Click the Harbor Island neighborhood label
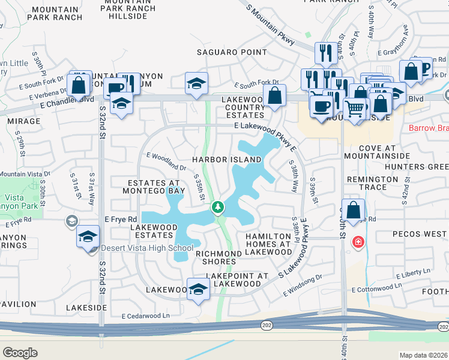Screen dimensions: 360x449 click(x=227, y=160)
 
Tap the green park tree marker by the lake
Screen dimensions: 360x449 click(x=218, y=208)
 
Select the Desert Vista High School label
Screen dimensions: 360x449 click(x=147, y=248)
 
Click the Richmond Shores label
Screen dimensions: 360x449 click(x=218, y=257)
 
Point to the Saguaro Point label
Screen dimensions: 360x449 click(x=232, y=52)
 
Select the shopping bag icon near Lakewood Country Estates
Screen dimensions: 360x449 click(x=274, y=96)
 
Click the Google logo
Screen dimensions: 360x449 click(x=20, y=353)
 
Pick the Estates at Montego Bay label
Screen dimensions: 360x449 click(x=154, y=187)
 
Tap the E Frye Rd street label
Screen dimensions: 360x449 click(x=120, y=219)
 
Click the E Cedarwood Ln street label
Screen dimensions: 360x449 click(x=146, y=316)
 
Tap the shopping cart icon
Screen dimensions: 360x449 click(x=355, y=109)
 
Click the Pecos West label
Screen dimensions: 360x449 click(x=420, y=233)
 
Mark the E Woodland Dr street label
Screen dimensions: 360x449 click(x=166, y=160)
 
